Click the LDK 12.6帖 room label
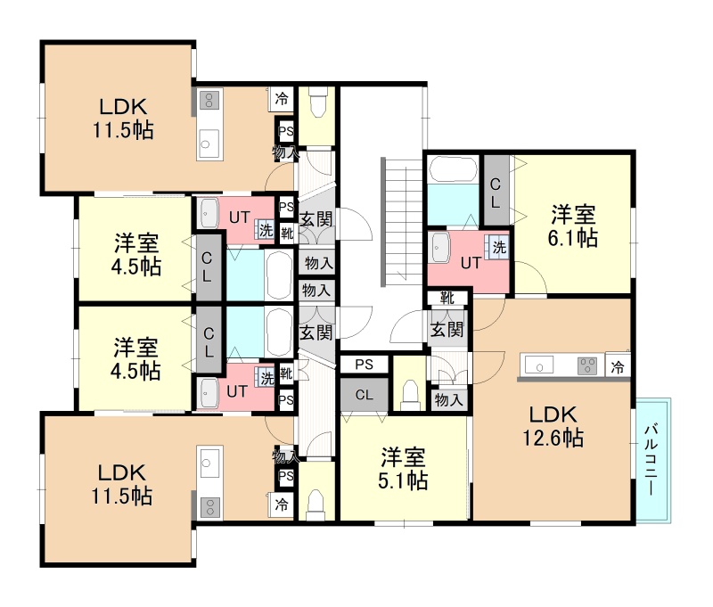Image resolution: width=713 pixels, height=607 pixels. tap(553, 426)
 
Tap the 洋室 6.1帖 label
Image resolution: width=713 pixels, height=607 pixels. tap(573, 226)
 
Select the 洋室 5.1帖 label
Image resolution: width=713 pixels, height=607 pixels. tap(403, 469)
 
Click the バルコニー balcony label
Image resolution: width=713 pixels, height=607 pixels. tap(652, 459)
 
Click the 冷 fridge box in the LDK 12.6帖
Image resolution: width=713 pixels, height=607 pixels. tap(618, 365)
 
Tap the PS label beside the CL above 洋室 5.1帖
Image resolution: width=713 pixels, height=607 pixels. tap(365, 365)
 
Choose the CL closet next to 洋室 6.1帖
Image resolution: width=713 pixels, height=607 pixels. tap(496, 191)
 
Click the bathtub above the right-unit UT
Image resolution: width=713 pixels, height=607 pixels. tap(454, 169)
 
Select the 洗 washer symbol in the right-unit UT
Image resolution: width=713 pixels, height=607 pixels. tap(497, 247)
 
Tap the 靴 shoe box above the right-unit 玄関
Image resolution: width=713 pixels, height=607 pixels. tap(447, 298)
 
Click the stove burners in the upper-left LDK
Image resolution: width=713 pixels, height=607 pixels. tap(209, 100)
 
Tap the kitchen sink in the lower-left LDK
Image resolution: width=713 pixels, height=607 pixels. tap(209, 463)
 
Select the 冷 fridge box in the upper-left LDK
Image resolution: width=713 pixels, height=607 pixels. tap(282, 99)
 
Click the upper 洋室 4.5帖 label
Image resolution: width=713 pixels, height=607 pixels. tap(136, 254)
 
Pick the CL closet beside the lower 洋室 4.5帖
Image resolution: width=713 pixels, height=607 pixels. tap(209, 341)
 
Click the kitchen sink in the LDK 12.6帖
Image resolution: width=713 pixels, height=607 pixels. tap(540, 365)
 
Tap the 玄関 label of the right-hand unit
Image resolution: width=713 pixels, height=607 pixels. tap(447, 330)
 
